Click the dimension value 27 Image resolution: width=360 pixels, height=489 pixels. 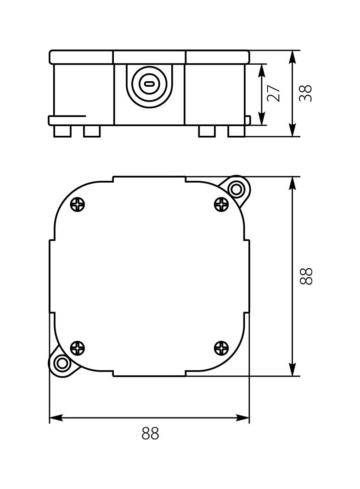[x=274, y=93]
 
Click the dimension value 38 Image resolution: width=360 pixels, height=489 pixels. [x=306, y=93]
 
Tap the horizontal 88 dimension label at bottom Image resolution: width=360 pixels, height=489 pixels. [x=150, y=433]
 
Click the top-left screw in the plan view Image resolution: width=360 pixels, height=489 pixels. [x=78, y=204]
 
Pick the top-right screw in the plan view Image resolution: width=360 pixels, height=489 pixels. [x=221, y=204]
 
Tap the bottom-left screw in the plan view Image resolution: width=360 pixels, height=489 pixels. [x=78, y=349]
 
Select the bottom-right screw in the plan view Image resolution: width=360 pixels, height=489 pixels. [x=221, y=349]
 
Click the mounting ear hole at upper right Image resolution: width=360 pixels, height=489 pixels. [x=236, y=189]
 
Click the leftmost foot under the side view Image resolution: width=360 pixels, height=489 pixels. [x=62, y=131]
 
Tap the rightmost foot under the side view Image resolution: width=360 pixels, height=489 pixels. [x=236, y=131]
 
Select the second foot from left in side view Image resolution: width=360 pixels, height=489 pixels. [x=92, y=131]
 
